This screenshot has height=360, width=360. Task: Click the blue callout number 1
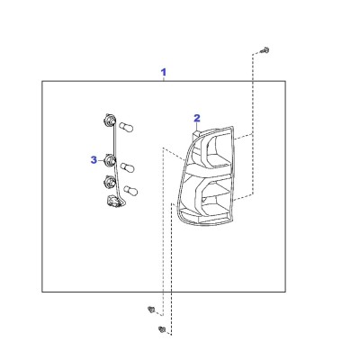(164, 72)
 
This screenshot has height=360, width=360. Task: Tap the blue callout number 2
(197, 118)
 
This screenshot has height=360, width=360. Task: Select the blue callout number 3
(94, 160)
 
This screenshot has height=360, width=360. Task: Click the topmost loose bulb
(126, 127)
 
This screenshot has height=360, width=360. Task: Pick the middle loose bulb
(128, 167)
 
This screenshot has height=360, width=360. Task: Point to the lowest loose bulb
(130, 191)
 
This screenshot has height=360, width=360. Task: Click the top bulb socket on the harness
(109, 121)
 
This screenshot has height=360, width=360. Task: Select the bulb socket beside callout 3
(110, 160)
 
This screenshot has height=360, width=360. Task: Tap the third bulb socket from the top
(110, 182)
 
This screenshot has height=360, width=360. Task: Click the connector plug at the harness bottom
(113, 202)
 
